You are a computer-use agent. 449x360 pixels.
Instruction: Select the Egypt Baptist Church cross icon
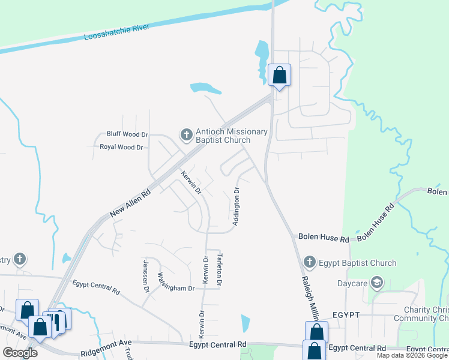tap(309, 262)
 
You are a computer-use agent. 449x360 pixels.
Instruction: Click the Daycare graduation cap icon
tap(376, 281)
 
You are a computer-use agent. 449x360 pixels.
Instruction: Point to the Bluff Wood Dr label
tap(127, 134)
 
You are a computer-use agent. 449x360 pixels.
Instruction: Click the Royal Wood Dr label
tap(121, 147)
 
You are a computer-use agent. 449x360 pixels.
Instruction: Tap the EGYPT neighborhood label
tap(346, 314)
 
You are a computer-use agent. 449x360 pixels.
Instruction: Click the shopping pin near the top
tap(279, 75)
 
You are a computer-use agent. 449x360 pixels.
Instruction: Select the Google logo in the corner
tap(20, 352)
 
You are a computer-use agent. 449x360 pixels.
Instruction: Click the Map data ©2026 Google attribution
tap(411, 355)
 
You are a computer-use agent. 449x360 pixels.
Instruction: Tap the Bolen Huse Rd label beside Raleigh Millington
tap(324, 239)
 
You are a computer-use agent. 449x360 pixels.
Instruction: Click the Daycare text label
tap(352, 281)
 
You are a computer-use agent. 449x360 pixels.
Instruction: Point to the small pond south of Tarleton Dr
tap(245, 323)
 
